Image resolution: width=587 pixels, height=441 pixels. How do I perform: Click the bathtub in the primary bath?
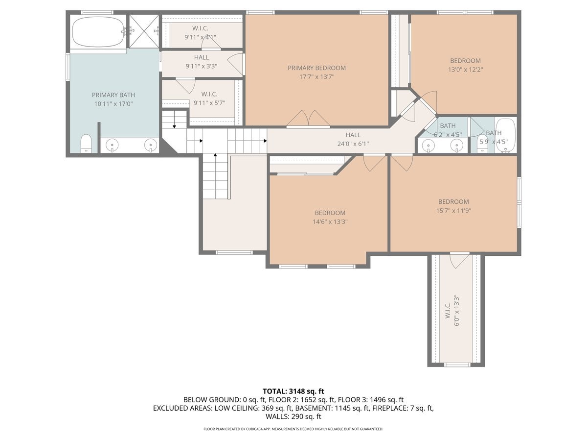[98, 32]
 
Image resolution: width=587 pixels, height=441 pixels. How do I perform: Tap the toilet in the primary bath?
[86, 144]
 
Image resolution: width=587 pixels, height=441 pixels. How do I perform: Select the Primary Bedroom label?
[316, 68]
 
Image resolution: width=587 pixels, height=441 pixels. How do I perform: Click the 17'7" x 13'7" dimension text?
[316, 77]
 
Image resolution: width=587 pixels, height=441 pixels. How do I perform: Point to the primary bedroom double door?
[308, 120]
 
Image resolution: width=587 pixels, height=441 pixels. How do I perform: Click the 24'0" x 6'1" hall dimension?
[353, 144]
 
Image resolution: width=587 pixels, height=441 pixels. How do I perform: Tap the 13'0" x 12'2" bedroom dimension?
[465, 70]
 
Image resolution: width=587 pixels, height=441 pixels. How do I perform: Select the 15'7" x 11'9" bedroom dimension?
[453, 211]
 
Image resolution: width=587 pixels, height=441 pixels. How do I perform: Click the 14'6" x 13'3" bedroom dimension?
[330, 221]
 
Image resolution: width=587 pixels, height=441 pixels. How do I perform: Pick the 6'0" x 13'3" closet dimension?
[456, 307]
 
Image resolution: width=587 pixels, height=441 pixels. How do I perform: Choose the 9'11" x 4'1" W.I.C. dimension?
[200, 37]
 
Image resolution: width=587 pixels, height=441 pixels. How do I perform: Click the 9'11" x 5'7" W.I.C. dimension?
[209, 103]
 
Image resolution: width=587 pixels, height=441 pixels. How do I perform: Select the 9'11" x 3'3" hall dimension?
[201, 66]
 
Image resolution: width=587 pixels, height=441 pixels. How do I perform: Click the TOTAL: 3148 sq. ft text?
[293, 391]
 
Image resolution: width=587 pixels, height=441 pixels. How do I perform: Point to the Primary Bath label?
[113, 95]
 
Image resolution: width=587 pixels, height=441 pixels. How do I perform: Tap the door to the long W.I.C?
[459, 260]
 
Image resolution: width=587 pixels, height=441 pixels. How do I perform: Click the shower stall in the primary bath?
[144, 31]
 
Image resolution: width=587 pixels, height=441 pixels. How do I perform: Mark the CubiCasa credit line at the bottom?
[293, 429]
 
